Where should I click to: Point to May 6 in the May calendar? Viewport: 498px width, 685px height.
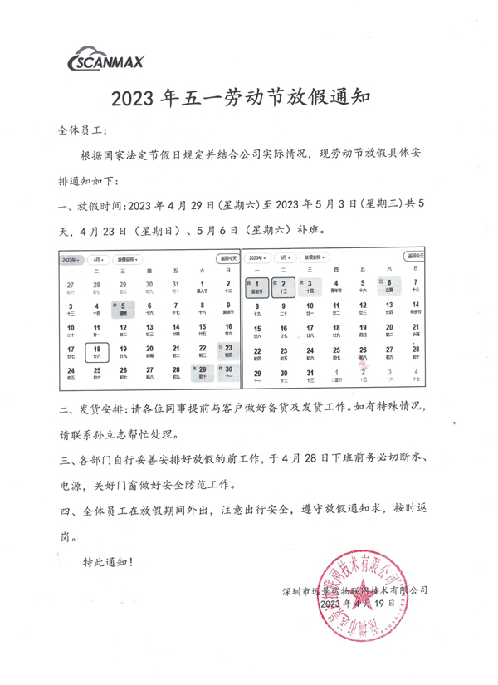(388, 286)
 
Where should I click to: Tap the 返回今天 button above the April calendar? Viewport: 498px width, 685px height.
(226, 259)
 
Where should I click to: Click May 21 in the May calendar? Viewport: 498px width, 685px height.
(415, 331)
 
